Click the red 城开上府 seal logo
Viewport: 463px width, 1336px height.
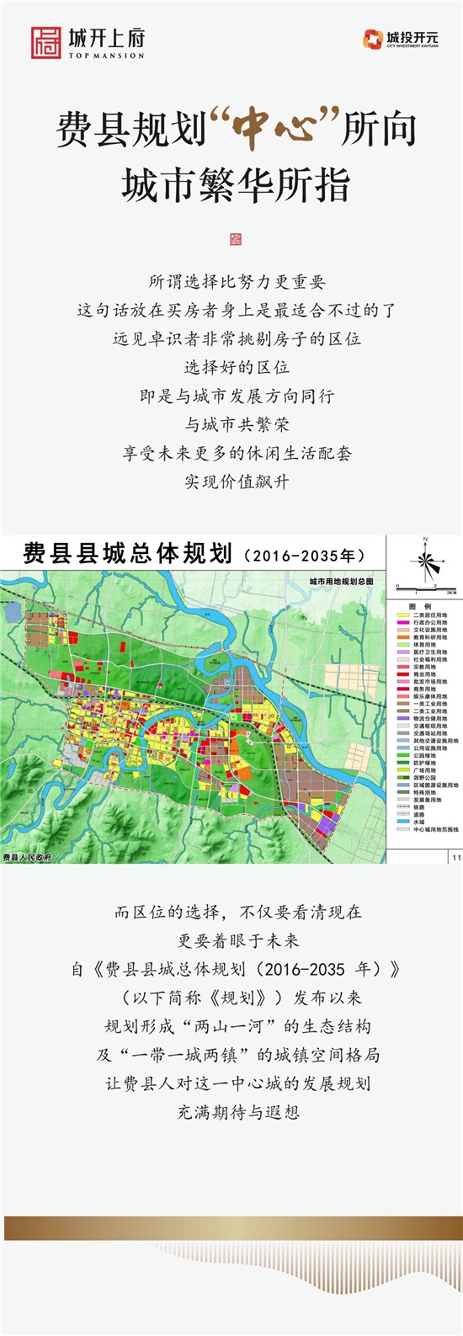coord(45,42)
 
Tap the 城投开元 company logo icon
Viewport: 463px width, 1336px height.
coord(373,39)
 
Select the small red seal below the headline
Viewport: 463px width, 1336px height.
coord(236,239)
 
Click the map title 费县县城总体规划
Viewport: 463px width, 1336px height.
coord(127,554)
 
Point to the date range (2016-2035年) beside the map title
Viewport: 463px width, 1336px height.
coord(304,556)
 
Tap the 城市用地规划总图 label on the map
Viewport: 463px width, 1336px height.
coord(341,582)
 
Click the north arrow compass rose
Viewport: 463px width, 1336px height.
coord(425,561)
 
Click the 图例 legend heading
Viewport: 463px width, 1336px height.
coord(420,606)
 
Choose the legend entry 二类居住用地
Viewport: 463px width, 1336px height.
coord(429,615)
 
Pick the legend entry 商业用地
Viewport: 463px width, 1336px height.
coord(424,674)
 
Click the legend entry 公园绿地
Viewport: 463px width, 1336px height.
coord(424,755)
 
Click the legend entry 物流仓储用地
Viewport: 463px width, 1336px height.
coord(429,719)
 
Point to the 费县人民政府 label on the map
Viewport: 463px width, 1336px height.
coord(27,857)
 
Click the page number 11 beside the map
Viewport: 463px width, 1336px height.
coord(456,857)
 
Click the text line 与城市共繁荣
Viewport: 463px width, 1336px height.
coord(237,424)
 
